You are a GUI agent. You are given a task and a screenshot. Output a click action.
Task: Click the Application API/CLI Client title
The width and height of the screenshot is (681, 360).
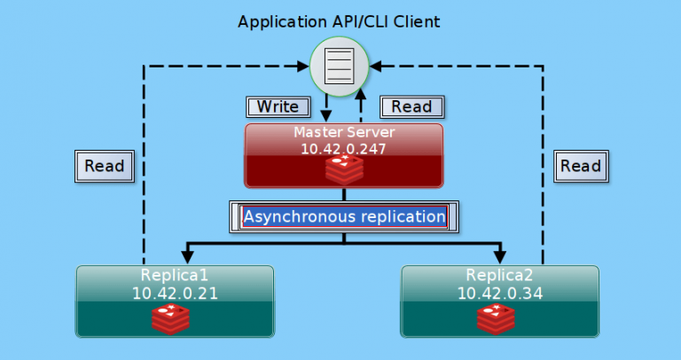pos(340,20)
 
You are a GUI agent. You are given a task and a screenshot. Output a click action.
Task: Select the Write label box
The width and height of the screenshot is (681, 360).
pos(278,106)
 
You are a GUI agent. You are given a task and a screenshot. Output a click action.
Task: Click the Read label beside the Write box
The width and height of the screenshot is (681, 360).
pos(411,106)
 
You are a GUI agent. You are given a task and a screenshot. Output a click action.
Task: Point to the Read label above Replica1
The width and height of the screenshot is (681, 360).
pos(104,165)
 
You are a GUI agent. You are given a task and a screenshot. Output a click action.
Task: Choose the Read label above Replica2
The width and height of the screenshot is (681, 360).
pos(581,165)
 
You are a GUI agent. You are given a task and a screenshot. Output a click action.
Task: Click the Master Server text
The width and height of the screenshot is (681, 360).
pos(343,133)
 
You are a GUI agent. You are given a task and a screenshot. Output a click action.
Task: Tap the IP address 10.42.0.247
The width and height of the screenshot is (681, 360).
pos(343,149)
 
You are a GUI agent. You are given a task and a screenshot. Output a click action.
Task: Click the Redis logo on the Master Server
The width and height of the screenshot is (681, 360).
pos(343,168)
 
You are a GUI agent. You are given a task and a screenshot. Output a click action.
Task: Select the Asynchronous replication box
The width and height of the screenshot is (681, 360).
pos(344,216)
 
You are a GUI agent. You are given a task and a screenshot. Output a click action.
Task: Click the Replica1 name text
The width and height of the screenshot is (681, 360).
pos(175,273)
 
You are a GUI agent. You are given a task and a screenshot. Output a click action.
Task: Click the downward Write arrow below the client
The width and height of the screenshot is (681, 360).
pos(326,112)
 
